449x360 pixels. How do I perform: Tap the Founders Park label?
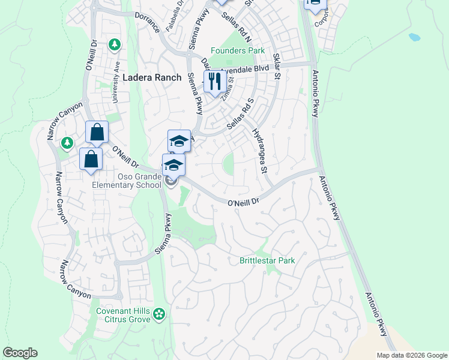point(237,51)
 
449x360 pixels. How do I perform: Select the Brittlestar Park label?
point(267,260)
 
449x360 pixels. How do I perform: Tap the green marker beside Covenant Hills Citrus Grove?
point(159,313)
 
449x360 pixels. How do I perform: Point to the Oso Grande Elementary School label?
point(131,181)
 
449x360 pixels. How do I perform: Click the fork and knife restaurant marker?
point(215,81)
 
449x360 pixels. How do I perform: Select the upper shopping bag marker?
point(97,133)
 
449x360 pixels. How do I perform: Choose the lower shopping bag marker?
point(91,160)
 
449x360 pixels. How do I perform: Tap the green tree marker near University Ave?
point(115,45)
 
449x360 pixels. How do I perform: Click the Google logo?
point(20,353)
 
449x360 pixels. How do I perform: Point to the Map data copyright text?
point(412,355)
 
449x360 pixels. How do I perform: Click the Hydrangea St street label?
point(259,151)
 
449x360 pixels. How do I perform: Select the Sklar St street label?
point(277,67)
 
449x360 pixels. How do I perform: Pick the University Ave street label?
point(118,75)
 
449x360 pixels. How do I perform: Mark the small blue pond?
point(415,37)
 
